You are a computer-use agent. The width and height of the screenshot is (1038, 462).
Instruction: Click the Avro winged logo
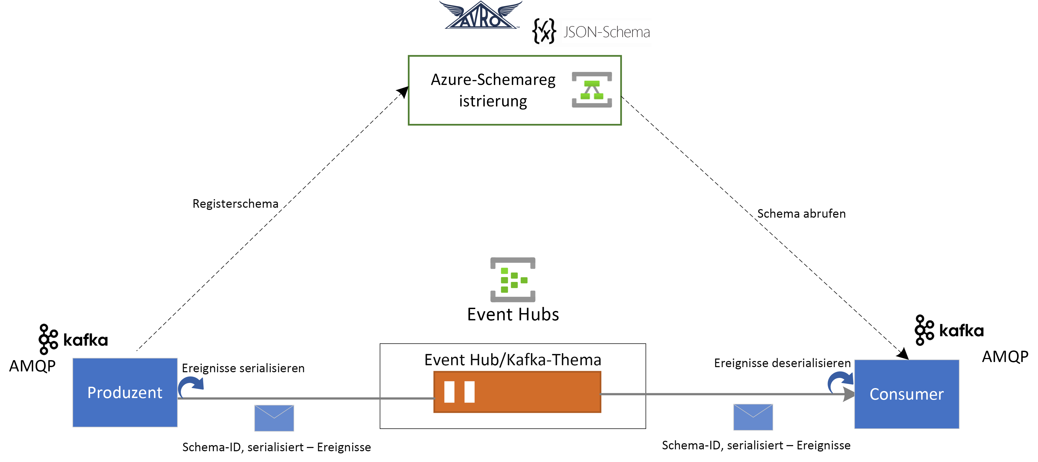tap(480, 15)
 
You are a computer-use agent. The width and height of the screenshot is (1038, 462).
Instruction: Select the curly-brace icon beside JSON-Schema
tap(544, 31)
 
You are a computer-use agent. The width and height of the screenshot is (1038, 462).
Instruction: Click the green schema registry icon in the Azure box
tap(591, 89)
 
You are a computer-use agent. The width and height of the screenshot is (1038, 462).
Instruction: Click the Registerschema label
tap(235, 204)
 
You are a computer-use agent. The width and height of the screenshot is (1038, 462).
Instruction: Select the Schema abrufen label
tap(801, 213)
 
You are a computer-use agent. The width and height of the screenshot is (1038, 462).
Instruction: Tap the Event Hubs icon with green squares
tap(513, 280)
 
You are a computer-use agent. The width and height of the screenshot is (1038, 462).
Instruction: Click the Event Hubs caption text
tap(513, 314)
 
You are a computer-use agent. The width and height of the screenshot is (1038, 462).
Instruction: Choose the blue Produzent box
tap(125, 392)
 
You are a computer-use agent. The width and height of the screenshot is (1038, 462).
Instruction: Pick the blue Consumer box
tap(906, 394)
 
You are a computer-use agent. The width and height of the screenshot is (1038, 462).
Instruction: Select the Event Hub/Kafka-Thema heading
tap(513, 360)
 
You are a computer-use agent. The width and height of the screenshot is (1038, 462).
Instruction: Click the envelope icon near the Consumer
tap(753, 417)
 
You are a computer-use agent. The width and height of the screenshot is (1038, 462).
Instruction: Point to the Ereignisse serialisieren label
tap(243, 368)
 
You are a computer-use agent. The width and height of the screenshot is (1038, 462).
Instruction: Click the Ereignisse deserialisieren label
tap(782, 363)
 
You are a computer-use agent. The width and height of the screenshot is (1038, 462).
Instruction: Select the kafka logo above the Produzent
tap(73, 339)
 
